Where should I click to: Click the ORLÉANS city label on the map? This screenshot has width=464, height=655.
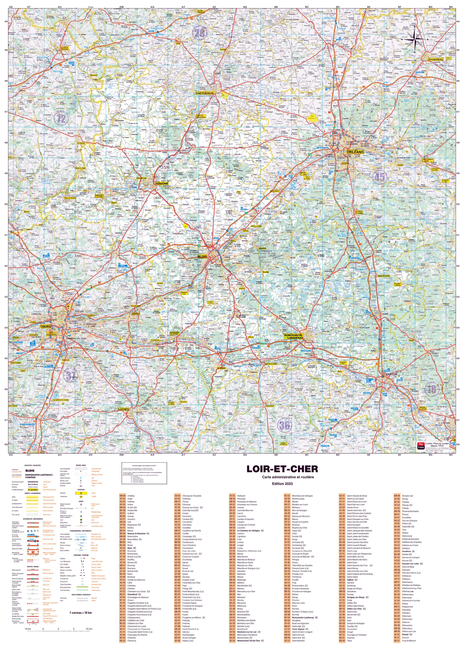point(355,152)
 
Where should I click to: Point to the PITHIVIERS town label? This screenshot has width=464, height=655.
point(436,59)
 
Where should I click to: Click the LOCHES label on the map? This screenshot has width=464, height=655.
point(123,409)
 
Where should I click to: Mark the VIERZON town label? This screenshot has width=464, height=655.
point(391,374)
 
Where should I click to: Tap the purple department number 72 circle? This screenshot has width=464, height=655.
point(61,118)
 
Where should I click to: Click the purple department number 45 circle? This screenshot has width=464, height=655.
point(379,177)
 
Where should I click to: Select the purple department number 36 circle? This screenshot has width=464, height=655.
point(284,425)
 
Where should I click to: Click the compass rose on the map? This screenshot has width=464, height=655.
point(415,39)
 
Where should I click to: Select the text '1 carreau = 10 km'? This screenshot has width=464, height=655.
point(80,613)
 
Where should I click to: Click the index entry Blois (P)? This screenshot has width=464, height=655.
point(132,548)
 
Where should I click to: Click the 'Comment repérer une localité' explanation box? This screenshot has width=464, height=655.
point(144,473)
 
